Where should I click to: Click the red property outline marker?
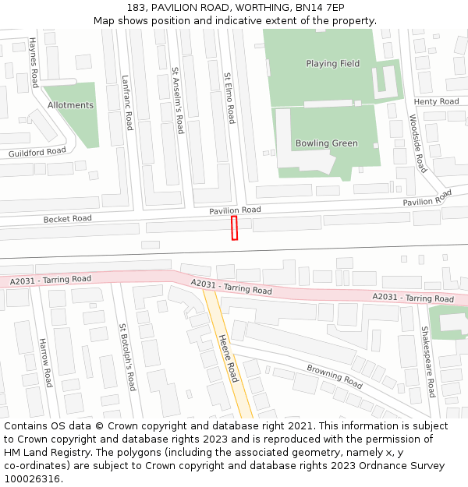pyautogui.click(x=234, y=228)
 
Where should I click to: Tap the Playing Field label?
pyautogui.click(x=333, y=64)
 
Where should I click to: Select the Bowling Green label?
pyautogui.click(x=326, y=143)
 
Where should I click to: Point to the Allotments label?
pyautogui.click(x=70, y=105)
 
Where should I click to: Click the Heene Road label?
pyautogui.click(x=227, y=358)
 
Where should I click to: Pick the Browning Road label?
pyautogui.click(x=335, y=376)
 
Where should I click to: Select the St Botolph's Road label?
pyautogui.click(x=128, y=358)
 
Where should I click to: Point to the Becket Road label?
pyautogui.click(x=68, y=219)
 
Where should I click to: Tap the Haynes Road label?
pyautogui.click(x=34, y=62)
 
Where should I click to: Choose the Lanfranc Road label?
pyautogui.click(x=127, y=102)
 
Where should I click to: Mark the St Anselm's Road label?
pyautogui.click(x=178, y=100)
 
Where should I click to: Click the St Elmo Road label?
pyautogui.click(x=229, y=98)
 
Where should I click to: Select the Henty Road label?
pyautogui.click(x=436, y=102)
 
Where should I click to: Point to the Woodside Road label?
pyautogui.click(x=418, y=143)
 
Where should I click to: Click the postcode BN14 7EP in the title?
pyautogui.click(x=316, y=7)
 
